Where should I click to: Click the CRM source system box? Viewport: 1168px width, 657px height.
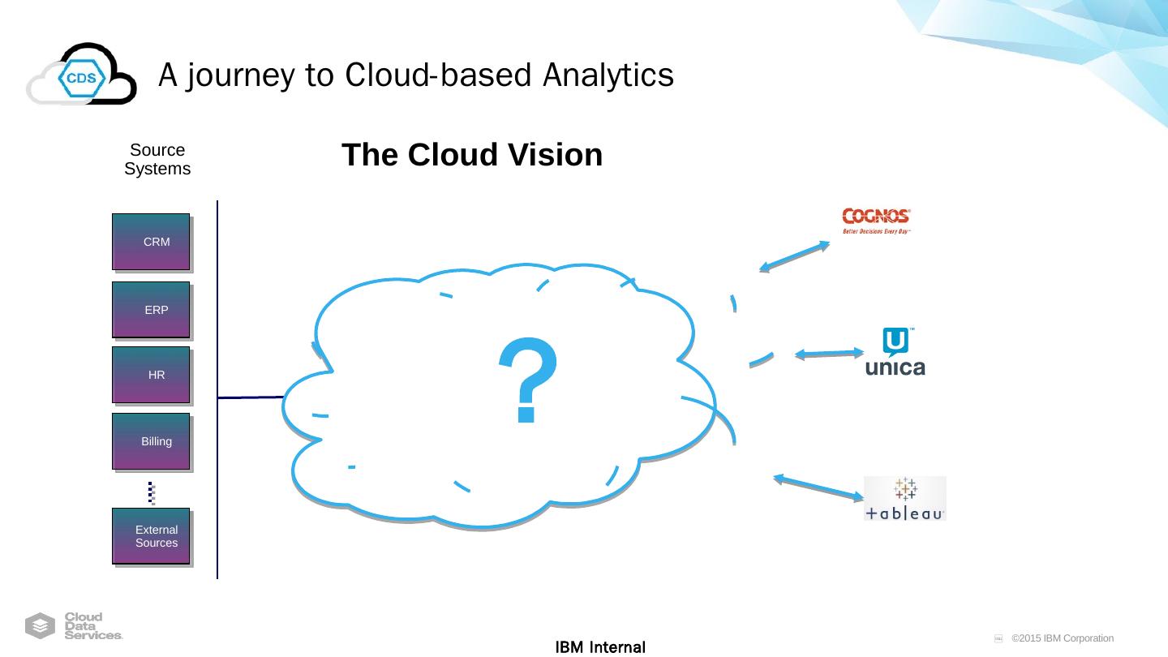151,242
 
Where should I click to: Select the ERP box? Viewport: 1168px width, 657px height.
151,310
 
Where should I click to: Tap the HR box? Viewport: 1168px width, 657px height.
151,375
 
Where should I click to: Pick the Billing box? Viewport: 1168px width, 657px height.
151,441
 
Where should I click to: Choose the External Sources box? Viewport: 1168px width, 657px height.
151,536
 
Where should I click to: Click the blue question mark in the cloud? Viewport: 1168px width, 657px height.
528,380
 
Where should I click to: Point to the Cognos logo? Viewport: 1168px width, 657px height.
876,219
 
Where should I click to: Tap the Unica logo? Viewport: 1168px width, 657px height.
895,353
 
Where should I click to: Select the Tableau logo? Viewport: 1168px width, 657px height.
904,498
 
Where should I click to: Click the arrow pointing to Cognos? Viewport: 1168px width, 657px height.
794,255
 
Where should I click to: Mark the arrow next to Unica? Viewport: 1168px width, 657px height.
830,354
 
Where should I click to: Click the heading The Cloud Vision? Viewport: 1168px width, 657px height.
472,155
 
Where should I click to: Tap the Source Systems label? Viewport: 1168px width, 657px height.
157,160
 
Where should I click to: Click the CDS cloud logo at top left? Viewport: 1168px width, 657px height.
81,75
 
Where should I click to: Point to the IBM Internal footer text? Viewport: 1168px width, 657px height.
600,647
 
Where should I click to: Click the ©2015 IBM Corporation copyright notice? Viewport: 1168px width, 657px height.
1062,638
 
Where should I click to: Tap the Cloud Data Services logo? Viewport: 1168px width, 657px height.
74,626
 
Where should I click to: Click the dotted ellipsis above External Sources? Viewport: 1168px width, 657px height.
151,492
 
